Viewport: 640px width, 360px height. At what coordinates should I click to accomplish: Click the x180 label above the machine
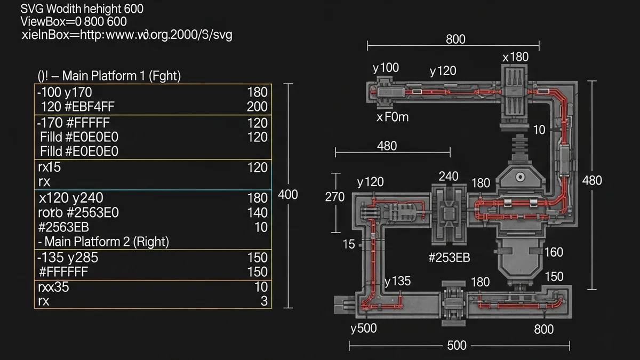515,57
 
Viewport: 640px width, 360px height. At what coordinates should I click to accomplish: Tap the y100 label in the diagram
386,68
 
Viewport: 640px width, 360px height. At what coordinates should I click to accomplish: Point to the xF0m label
393,117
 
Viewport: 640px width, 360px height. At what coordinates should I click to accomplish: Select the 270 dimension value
334,197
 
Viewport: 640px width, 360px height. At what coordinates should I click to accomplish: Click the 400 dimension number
288,195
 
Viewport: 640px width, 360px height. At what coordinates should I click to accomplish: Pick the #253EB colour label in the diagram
449,258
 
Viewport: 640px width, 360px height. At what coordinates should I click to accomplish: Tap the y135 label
397,281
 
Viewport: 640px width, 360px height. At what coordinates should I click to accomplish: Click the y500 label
364,328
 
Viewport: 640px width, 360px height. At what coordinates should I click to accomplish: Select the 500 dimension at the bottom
457,346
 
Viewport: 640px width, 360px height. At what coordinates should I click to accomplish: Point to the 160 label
554,252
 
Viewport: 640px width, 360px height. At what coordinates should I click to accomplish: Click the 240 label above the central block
448,177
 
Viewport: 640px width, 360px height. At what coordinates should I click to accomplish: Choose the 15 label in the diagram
349,244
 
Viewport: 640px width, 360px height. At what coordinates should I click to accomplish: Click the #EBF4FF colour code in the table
88,107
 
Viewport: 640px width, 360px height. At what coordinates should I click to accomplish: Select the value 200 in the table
257,107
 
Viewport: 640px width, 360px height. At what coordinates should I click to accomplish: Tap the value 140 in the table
257,212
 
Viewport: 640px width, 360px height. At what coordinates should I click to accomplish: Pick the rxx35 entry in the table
54,287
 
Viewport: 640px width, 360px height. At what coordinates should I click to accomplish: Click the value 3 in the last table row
264,301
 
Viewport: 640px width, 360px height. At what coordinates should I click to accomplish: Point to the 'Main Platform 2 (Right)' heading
106,242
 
